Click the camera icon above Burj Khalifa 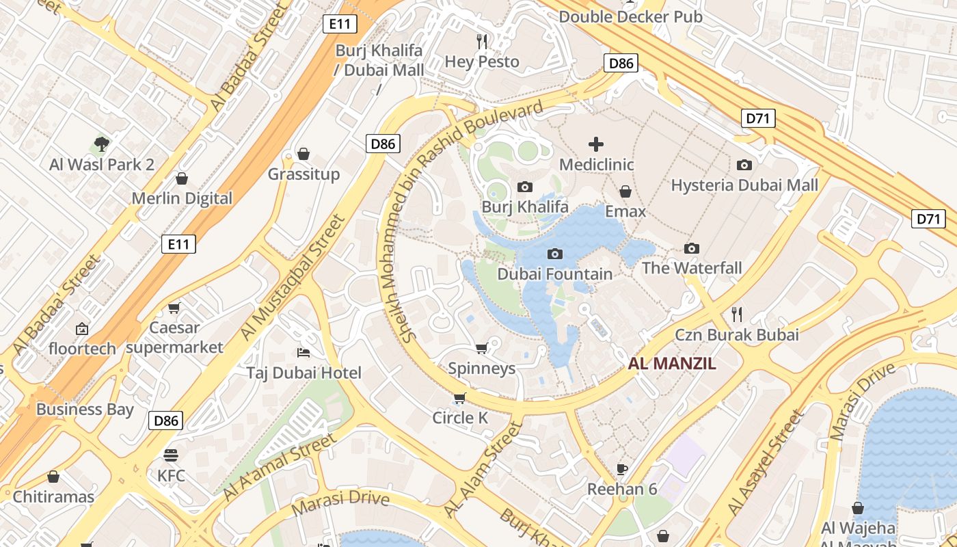525,187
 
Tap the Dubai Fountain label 554,274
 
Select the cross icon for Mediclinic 596,144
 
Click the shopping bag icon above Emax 625,191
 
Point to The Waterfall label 691,268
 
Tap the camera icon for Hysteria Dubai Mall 744,165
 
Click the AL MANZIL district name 672,364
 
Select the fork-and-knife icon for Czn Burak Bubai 736,315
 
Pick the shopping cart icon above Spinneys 481,349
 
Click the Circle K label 460,418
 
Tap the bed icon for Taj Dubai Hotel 304,353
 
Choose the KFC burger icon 171,455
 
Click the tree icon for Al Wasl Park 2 102,144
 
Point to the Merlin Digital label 182,199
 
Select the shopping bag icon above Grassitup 304,154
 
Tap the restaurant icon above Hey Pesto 482,42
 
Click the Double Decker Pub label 630,17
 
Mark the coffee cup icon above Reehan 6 621,469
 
